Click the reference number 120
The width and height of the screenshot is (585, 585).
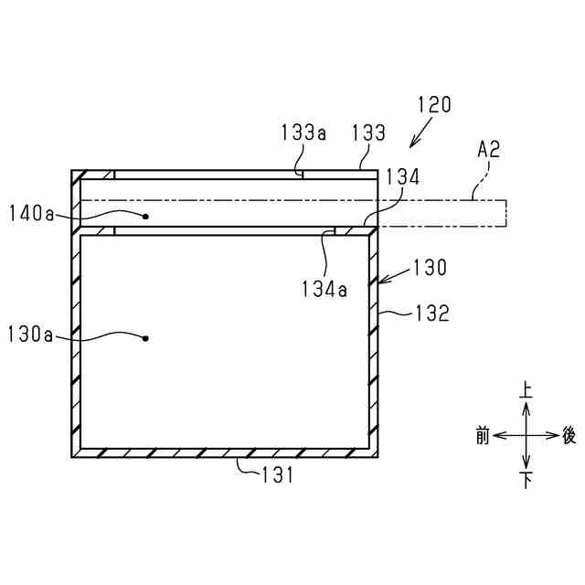click(434, 105)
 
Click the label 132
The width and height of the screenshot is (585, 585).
click(431, 314)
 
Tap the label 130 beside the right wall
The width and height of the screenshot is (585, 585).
click(430, 268)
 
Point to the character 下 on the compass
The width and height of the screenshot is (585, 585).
click(526, 481)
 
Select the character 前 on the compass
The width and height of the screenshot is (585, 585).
click(483, 435)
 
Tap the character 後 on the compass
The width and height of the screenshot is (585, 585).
click(569, 435)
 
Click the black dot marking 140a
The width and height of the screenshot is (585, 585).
click(146, 217)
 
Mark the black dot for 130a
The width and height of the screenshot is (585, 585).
click(146, 338)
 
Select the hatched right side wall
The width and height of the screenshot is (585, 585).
click(373, 347)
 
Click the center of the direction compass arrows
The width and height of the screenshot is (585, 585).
click(526, 436)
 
